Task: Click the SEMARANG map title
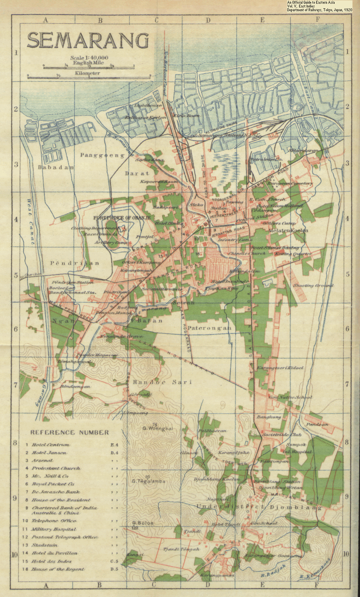(x=88, y=41)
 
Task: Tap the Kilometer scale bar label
(x=88, y=73)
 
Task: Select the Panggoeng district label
(x=102, y=155)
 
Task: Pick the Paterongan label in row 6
(x=209, y=328)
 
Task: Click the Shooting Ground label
(x=313, y=285)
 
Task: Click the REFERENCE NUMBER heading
(x=69, y=432)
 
